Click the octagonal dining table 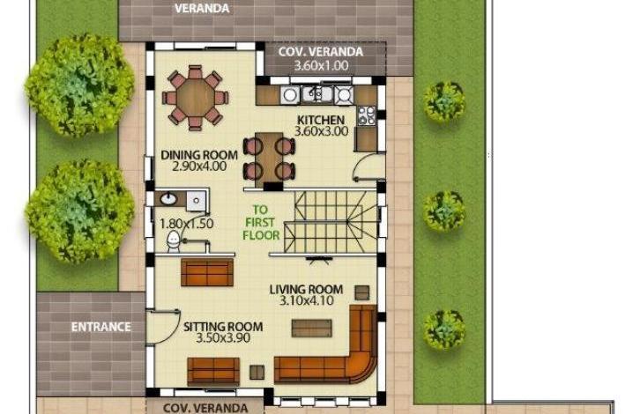(196, 98)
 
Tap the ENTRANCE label (100, 327)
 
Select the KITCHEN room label (321, 120)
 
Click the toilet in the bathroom (174, 241)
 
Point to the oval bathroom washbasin (168, 199)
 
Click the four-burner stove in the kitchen (366, 115)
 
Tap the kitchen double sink (317, 94)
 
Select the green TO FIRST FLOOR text (261, 222)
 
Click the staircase (331, 222)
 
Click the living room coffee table (311, 328)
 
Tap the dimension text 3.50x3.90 (223, 338)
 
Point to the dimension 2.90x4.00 (199, 166)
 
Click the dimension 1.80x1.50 (187, 224)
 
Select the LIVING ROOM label (306, 290)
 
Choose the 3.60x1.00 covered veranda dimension (321, 66)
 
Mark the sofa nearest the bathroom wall (207, 272)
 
